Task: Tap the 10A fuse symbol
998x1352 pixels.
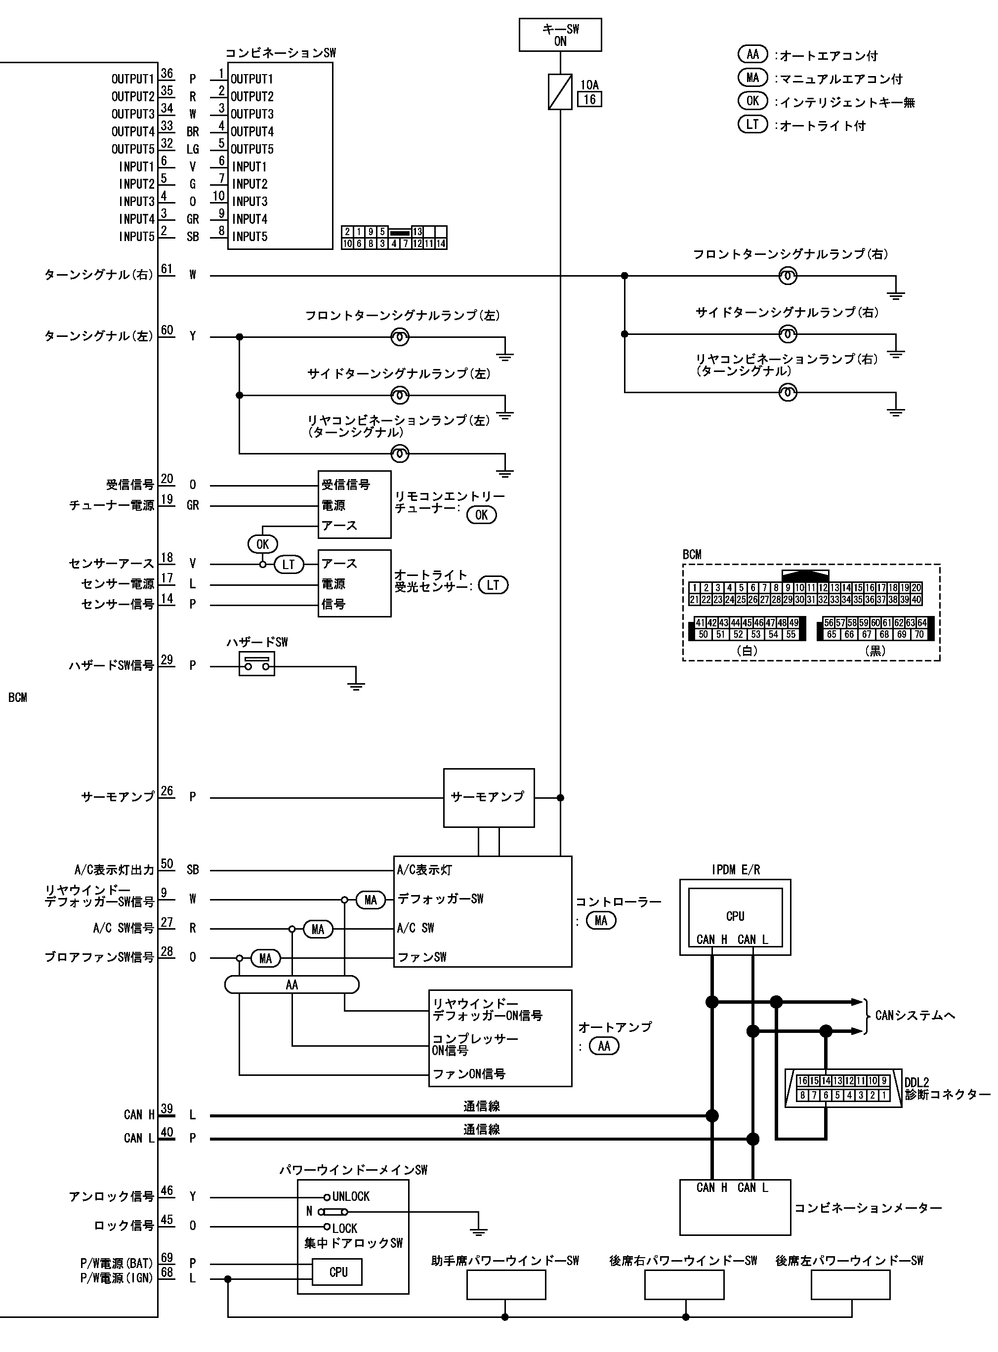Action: [560, 92]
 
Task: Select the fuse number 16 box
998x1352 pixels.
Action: [589, 100]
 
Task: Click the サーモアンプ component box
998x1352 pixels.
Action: [489, 798]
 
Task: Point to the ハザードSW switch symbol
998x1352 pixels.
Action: [257, 665]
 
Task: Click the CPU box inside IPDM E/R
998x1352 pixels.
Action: [735, 917]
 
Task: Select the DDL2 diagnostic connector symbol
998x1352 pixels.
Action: [843, 1088]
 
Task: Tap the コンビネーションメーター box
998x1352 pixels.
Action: [735, 1208]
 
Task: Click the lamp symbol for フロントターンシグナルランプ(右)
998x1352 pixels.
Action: [787, 277]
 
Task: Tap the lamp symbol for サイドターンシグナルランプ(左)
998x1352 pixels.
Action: [399, 396]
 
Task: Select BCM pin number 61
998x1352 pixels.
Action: [166, 269]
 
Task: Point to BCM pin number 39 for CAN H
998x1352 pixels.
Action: [166, 1108]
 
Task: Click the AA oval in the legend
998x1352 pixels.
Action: [753, 54]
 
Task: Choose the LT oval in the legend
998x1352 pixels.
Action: [753, 124]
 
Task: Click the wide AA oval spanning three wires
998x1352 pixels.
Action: [292, 985]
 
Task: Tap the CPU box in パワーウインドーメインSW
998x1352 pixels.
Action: [338, 1271]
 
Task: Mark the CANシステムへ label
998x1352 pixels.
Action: [915, 1016]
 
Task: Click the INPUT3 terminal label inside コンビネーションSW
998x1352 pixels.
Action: [249, 202]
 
